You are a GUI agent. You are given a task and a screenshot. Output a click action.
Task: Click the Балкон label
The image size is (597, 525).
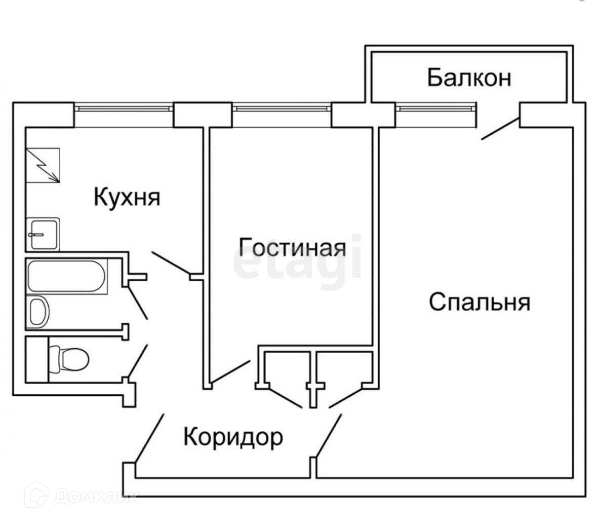469,79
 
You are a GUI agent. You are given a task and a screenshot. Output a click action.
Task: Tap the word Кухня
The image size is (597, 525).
127,197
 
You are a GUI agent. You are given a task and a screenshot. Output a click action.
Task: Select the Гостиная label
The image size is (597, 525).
293,248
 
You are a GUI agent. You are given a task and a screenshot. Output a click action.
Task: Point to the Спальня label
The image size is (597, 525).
480,303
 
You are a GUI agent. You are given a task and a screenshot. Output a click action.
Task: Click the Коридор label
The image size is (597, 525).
233,436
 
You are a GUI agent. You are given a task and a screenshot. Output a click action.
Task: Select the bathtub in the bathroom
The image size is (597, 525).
67,276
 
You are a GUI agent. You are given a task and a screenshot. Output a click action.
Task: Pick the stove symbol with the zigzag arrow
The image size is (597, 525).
44,165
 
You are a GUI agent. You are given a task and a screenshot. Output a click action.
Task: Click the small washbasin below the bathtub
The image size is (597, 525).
39,311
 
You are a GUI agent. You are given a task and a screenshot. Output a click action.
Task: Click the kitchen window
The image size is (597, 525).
124,107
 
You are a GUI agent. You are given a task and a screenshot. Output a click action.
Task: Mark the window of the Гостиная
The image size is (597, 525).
282,107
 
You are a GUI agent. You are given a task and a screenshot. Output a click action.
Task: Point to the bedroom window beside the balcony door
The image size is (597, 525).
436,107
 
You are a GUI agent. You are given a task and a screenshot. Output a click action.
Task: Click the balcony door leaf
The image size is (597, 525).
500,128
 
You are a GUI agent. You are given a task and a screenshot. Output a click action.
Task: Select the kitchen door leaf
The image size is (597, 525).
171,264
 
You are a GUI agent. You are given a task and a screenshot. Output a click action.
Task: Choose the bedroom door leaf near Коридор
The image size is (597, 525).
329,435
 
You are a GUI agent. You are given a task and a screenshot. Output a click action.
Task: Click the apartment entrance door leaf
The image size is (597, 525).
149,438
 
